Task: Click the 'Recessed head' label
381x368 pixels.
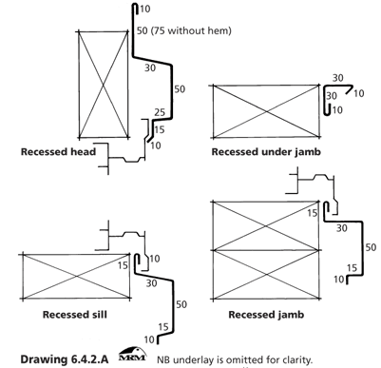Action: coord(58,152)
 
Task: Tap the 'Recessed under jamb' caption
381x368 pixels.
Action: coord(266,152)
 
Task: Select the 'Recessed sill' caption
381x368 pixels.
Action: coord(75,315)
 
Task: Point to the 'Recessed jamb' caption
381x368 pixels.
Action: coord(266,315)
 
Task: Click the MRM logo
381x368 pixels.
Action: coord(132,354)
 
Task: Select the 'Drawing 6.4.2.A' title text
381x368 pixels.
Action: coord(65,359)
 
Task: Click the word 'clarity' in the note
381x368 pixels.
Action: coord(297,360)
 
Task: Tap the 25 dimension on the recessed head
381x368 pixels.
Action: coord(160,112)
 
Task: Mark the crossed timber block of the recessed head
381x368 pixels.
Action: coord(103,85)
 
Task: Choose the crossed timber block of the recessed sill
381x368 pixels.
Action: coord(76,277)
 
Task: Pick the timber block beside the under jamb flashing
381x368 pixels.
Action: coord(266,111)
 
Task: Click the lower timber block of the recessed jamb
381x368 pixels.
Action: coord(266,275)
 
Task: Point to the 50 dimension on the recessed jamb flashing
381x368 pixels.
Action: coord(371,247)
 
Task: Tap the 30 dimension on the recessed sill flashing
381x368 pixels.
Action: coord(152,283)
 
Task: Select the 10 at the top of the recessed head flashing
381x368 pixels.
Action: coord(144,9)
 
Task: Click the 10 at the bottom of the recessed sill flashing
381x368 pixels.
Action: coord(149,339)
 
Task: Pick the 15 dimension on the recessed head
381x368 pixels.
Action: coord(160,129)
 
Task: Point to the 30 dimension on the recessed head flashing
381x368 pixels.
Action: coord(150,68)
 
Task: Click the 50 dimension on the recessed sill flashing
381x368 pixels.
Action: coord(181,304)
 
